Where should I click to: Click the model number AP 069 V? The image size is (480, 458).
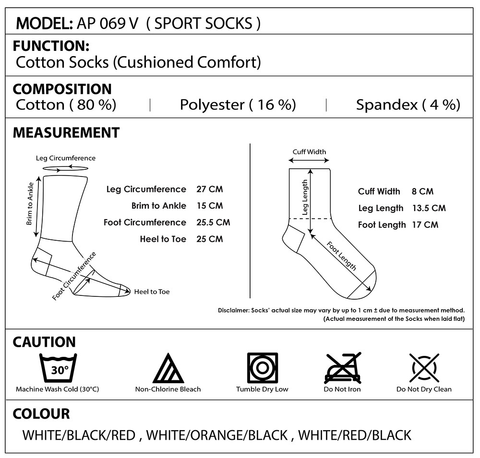tap(108, 23)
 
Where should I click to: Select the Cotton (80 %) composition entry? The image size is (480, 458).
tap(66, 105)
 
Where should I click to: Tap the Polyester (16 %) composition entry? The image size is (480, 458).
tap(238, 105)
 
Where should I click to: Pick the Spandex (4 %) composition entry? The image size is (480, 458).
tap(408, 105)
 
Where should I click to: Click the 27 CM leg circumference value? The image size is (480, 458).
tap(210, 189)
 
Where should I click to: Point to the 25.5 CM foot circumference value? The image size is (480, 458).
tap(213, 223)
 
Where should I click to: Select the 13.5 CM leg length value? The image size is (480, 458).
tap(429, 208)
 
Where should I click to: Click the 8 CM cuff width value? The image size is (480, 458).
tap(422, 191)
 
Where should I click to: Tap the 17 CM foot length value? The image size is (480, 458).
tap(425, 225)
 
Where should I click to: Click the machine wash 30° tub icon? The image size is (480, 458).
tap(58, 368)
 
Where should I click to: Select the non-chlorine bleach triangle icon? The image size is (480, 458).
tap(168, 368)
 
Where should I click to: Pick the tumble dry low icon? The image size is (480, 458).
tap(263, 368)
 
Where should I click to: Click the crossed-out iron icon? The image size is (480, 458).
tap(343, 368)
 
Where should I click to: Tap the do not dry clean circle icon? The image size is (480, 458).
tap(424, 368)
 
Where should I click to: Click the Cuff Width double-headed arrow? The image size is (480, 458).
tap(309, 160)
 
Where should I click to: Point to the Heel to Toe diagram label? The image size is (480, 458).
tap(152, 292)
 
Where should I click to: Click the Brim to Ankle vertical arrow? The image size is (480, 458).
tap(37, 207)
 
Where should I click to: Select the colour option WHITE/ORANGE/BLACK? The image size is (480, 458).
tap(217, 435)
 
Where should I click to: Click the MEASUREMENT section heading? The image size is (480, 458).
tap(66, 133)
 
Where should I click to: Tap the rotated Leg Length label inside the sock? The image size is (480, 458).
tap(305, 197)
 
